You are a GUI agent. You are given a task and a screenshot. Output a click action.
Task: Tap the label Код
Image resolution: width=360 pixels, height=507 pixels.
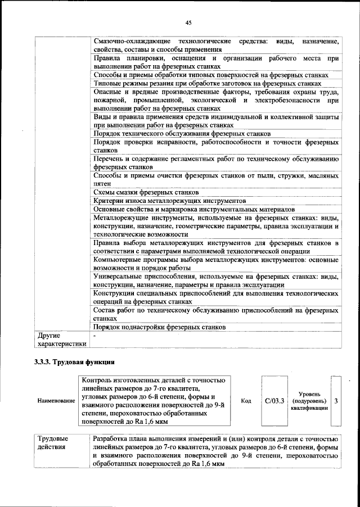pos(246,401)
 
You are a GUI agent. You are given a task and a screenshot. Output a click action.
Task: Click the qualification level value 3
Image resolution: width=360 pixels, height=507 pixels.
pos(336,401)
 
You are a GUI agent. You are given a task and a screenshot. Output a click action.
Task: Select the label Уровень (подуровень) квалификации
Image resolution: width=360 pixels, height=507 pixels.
pos(308,401)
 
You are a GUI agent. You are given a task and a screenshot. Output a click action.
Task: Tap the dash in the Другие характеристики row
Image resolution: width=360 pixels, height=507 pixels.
pos(95,336)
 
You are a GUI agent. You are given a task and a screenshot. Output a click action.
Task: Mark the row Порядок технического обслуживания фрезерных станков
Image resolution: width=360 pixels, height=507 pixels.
pos(182,133)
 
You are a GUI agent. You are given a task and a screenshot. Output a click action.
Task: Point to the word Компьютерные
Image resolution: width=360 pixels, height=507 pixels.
pos(120,260)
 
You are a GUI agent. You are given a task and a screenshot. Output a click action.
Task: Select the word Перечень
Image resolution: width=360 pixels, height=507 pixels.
pos(110,159)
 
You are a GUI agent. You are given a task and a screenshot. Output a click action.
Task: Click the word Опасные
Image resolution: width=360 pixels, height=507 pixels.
pos(108,92)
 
